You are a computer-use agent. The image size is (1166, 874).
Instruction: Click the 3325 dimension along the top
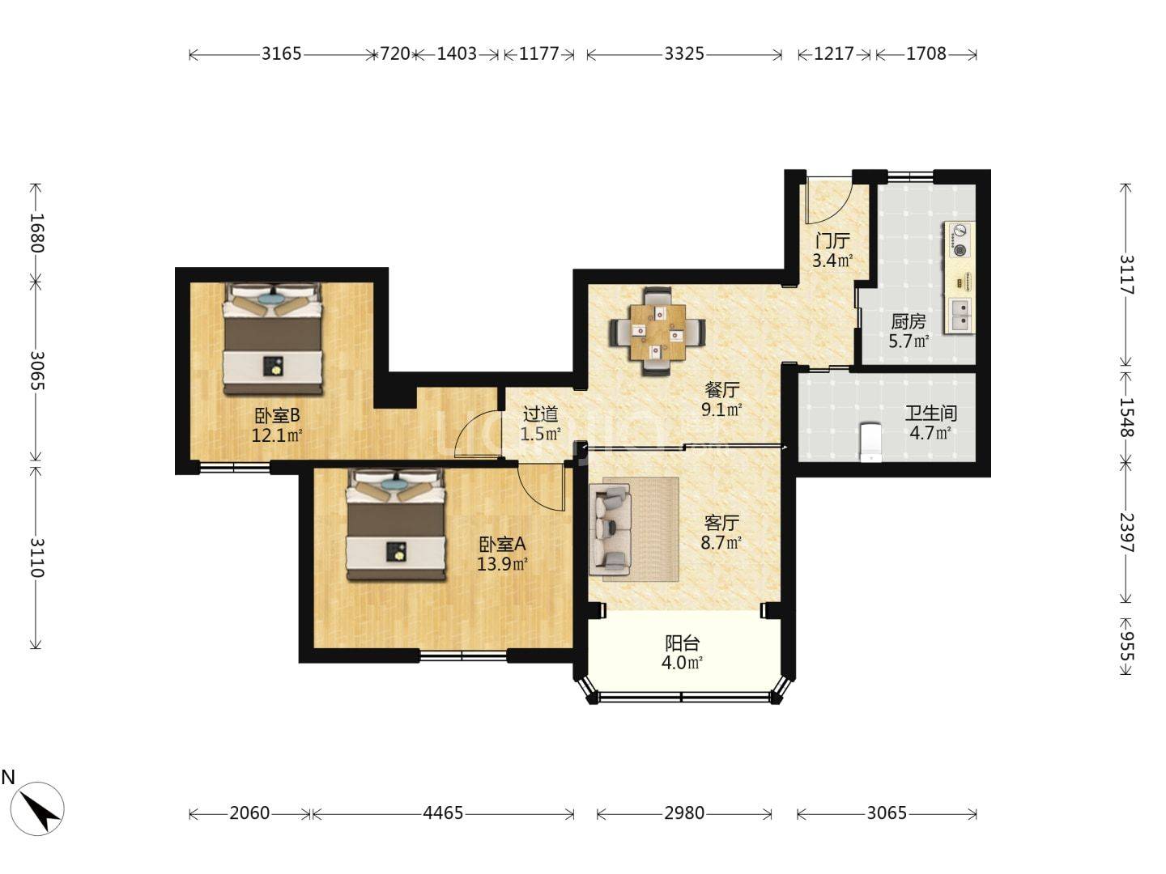coord(683,53)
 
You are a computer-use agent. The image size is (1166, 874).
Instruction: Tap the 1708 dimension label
coord(926,53)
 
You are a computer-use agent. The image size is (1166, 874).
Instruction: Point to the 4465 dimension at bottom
coord(442,813)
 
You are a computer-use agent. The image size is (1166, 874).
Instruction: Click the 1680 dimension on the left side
coord(36,232)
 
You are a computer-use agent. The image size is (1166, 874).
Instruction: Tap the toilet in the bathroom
coord(870,442)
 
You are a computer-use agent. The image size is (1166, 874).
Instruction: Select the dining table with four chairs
coord(657,331)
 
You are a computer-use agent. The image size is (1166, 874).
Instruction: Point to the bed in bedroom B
coord(273,338)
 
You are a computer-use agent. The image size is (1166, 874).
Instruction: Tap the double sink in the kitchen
coord(960,315)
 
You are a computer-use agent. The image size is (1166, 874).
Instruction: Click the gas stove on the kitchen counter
coord(960,240)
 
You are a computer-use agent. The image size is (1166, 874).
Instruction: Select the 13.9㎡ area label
coord(501,563)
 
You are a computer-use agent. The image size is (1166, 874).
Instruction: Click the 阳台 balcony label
coord(682,643)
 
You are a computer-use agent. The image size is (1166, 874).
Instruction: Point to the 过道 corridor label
coord(540,414)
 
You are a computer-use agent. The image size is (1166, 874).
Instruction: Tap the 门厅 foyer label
coord(832,241)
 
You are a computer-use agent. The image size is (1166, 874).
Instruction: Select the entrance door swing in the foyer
coord(828,202)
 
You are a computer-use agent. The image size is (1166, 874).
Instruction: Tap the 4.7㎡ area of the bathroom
coord(930,433)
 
